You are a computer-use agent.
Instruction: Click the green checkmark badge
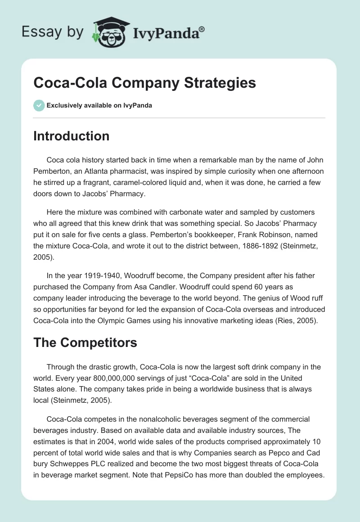39,105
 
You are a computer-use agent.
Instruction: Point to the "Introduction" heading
71,136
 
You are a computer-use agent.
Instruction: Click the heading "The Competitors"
85,342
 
